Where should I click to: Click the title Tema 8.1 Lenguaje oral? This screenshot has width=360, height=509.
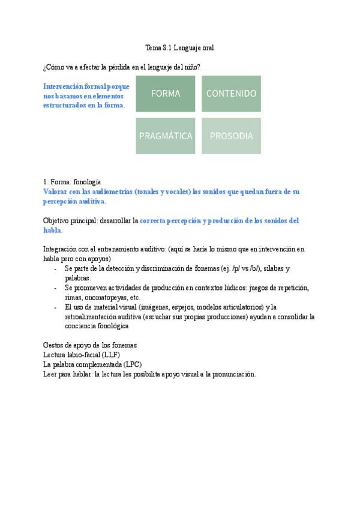pos(180,47)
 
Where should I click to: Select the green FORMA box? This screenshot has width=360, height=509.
pos(166,94)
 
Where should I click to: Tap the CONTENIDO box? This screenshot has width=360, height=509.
pos(231,94)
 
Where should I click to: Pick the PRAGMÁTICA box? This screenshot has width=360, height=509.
pos(166,136)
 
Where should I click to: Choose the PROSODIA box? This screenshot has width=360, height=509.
pos(231,136)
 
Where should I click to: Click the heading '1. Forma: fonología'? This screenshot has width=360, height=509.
pos(72,181)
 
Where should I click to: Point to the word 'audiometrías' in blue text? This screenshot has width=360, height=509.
pos(104,191)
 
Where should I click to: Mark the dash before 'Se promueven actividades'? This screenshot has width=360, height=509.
pos(55,288)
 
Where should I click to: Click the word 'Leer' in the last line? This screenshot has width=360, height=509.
pos(51,374)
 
